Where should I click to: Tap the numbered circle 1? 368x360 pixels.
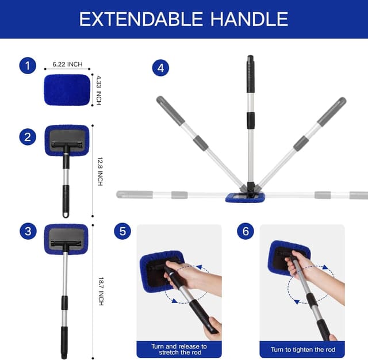pyautogui.click(x=27, y=66)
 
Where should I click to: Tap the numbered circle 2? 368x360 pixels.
pyautogui.click(x=27, y=137)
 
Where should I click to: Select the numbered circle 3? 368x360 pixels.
pyautogui.click(x=27, y=232)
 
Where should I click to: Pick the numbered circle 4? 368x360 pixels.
pyautogui.click(x=160, y=68)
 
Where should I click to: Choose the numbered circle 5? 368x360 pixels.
pyautogui.click(x=122, y=232)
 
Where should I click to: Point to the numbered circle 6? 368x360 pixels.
pyautogui.click(x=246, y=232)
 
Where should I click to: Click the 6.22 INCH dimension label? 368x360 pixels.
pyautogui.click(x=67, y=64)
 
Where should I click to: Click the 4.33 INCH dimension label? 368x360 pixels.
pyautogui.click(x=99, y=90)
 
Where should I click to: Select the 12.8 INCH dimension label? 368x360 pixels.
pyautogui.click(x=100, y=171)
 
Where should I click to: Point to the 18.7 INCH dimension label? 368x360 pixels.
pyautogui.click(x=100, y=291)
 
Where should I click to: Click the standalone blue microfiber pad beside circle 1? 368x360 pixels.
pyautogui.click(x=67, y=89)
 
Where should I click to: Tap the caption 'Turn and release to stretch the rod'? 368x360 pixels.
pyautogui.click(x=179, y=350)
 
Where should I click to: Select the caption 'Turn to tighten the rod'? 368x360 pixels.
pyautogui.click(x=302, y=350)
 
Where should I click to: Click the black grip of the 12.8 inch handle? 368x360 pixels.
pyautogui.click(x=66, y=201)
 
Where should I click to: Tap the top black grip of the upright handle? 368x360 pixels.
pyautogui.click(x=251, y=75)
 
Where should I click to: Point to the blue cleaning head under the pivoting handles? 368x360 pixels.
pyautogui.click(x=246, y=197)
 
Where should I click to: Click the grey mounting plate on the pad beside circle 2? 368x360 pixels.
pyautogui.click(x=67, y=137)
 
